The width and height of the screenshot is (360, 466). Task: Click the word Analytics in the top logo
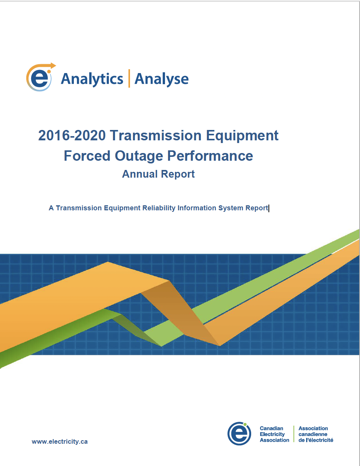(92, 79)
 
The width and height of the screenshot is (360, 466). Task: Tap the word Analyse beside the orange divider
(162, 79)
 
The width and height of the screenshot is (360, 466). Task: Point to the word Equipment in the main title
(242, 136)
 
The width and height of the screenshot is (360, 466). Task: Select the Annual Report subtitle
(158, 174)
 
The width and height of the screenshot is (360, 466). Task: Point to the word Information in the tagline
(196, 208)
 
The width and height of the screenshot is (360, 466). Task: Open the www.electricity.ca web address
(60, 442)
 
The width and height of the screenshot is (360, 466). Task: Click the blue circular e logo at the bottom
(239, 434)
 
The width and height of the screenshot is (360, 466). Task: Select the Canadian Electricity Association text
(274, 434)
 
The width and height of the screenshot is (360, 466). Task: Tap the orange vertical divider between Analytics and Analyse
(129, 78)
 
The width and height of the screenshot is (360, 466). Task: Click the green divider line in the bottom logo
(294, 434)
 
